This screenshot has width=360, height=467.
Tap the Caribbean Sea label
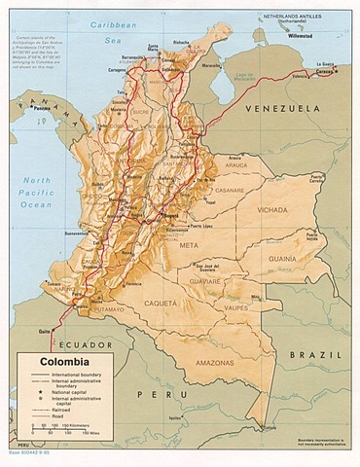pyautogui.click(x=112, y=26)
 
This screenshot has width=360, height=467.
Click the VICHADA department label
pyautogui.click(x=270, y=208)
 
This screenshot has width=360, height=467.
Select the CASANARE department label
pyautogui.click(x=230, y=190)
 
